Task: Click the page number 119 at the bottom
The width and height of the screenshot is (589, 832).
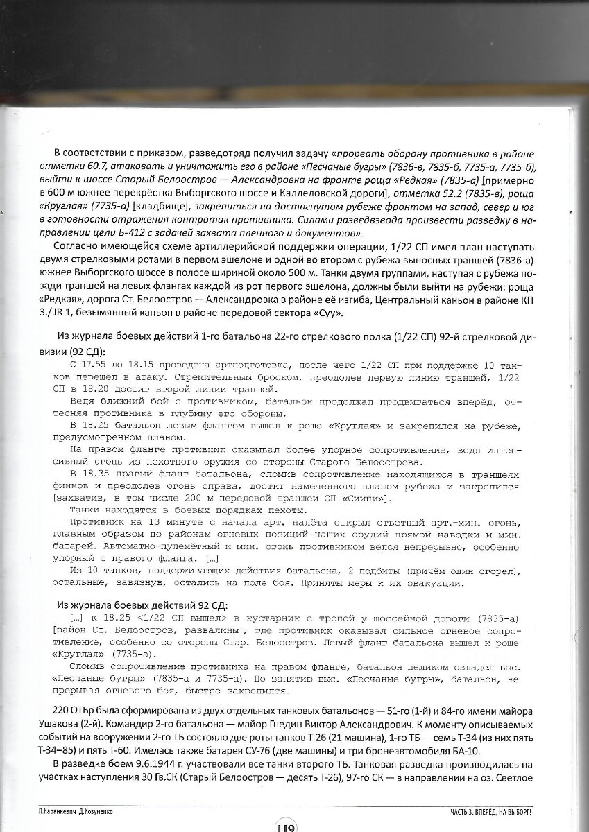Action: click(x=285, y=824)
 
